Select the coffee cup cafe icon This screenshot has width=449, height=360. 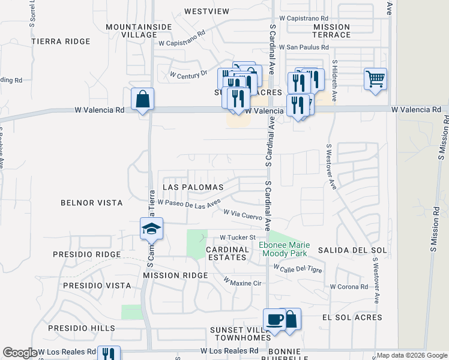[x=275, y=320]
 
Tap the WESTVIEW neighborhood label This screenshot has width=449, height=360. [x=207, y=11]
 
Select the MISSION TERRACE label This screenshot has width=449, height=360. [x=331, y=31]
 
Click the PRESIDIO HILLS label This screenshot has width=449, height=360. [x=82, y=328]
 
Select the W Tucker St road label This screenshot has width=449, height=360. [x=238, y=237]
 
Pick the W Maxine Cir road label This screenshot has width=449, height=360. [x=243, y=281]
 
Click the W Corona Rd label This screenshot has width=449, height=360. [x=348, y=287]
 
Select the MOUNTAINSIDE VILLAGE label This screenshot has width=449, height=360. [x=131, y=31]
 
